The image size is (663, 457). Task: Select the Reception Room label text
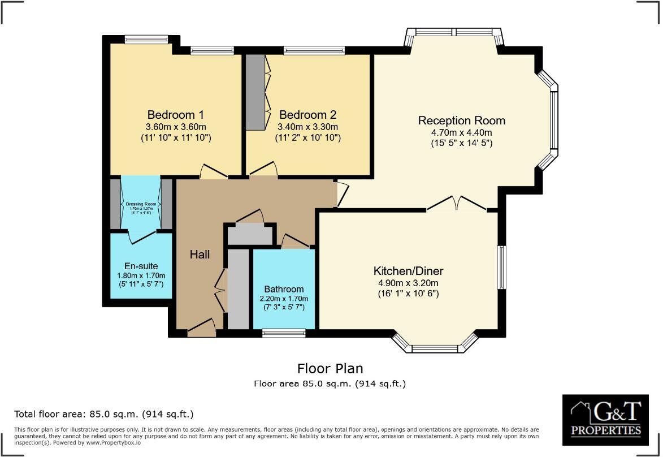click(x=461, y=120)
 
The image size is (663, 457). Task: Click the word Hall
click(x=200, y=255)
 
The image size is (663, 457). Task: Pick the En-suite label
click(x=141, y=266)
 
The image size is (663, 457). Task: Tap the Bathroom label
click(x=284, y=289)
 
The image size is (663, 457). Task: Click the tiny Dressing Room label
click(x=141, y=204)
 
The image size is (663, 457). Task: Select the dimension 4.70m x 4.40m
click(x=461, y=133)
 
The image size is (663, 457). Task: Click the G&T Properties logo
click(x=605, y=420)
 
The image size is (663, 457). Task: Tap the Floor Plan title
click(x=330, y=369)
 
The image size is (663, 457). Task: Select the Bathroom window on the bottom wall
click(x=284, y=334)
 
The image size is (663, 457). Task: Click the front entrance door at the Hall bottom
click(x=201, y=329)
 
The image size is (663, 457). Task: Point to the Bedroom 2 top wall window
click(x=314, y=51)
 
